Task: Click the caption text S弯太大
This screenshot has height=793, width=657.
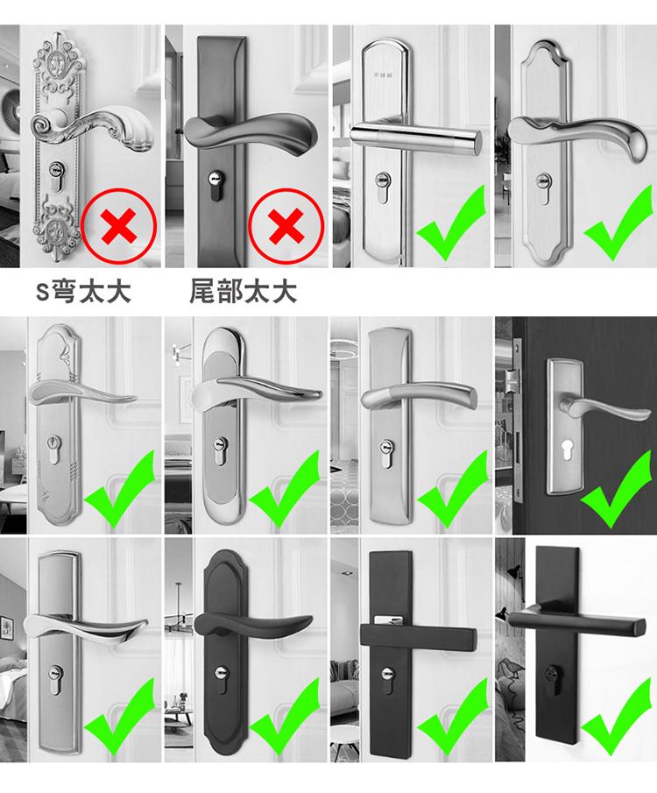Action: [83, 292]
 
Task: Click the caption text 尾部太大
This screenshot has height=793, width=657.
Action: [243, 292]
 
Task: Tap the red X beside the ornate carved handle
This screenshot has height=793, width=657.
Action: [119, 225]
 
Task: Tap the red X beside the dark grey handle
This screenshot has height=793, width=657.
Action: [286, 225]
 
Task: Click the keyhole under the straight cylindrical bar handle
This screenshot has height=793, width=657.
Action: [383, 185]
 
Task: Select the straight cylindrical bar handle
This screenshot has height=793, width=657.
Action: [414, 137]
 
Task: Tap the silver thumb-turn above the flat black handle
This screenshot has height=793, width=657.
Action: [387, 619]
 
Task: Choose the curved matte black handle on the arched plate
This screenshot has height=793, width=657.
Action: [253, 627]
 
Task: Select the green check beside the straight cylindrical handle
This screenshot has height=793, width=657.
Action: [451, 223]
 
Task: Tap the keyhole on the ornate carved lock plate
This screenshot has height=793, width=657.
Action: [56, 174]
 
